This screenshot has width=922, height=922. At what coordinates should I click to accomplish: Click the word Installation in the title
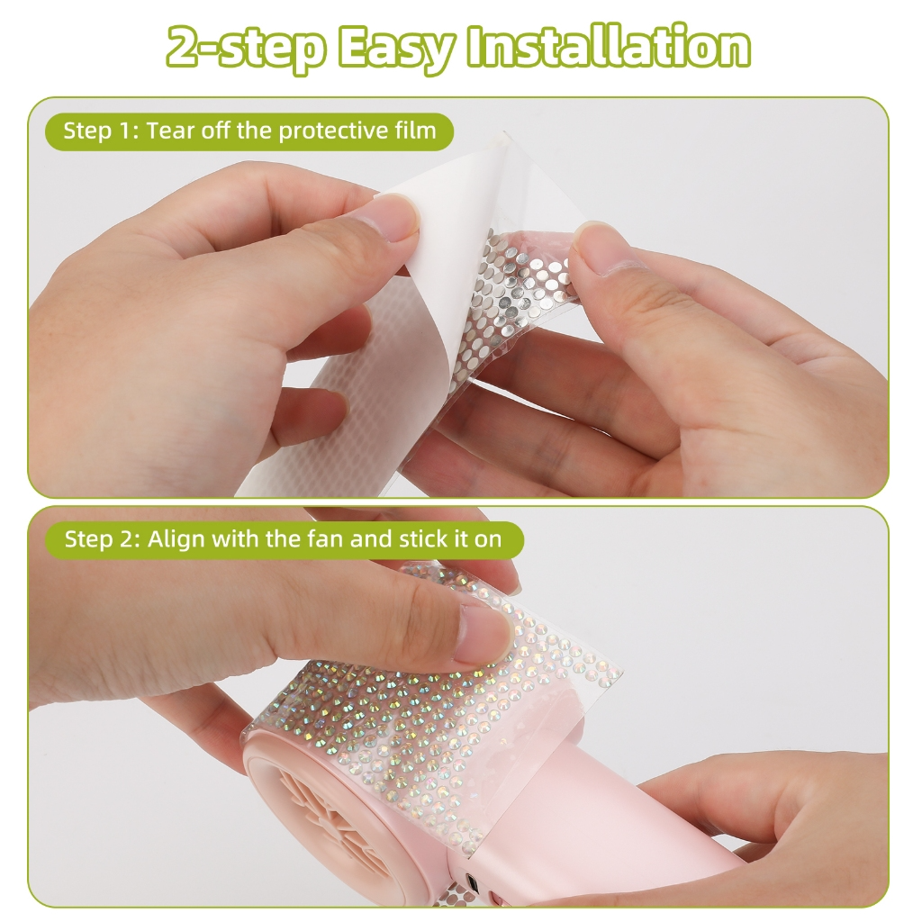[x=609, y=48]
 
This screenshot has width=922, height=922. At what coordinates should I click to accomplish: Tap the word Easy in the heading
[x=395, y=48]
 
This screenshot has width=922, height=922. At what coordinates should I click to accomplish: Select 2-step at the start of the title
[x=245, y=48]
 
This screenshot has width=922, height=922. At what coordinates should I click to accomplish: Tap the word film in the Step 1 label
[x=416, y=131]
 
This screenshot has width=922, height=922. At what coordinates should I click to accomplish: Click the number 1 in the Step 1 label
[x=127, y=131]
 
